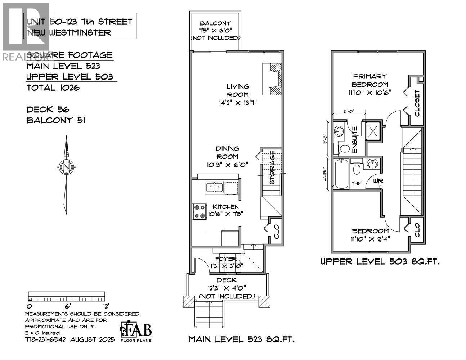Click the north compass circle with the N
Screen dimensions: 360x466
tap(66, 166)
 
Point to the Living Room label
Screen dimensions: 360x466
tap(237, 90)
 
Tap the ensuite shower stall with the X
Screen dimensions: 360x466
tap(373, 129)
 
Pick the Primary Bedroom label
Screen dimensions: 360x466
tap(369, 80)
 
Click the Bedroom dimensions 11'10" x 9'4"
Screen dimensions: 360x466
tap(370, 238)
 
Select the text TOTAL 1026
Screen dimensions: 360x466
tap(53, 87)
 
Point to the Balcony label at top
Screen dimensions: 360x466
tap(215, 24)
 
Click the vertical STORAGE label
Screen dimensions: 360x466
tap(273, 167)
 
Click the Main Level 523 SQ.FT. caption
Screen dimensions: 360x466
tap(242, 339)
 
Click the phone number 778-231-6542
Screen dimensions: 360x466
tap(45, 339)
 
